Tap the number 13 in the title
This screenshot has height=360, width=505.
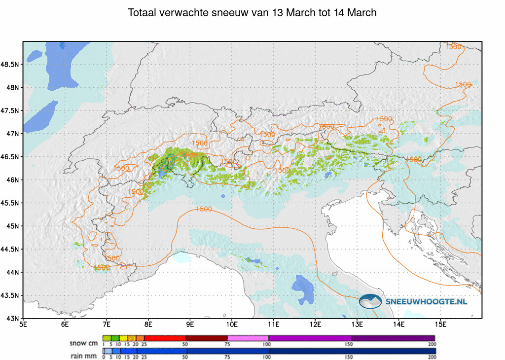(x=278, y=13)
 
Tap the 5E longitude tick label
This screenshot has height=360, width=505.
(x=23, y=324)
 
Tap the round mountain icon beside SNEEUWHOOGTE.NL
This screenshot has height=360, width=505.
(x=370, y=301)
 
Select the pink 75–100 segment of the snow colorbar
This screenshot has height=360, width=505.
(x=248, y=338)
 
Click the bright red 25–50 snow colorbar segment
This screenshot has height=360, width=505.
(x=164, y=338)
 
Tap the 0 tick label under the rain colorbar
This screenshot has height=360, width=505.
(x=103, y=357)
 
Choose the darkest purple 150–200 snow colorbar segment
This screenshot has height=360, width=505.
(x=393, y=338)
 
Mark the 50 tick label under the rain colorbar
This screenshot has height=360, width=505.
(x=185, y=357)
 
